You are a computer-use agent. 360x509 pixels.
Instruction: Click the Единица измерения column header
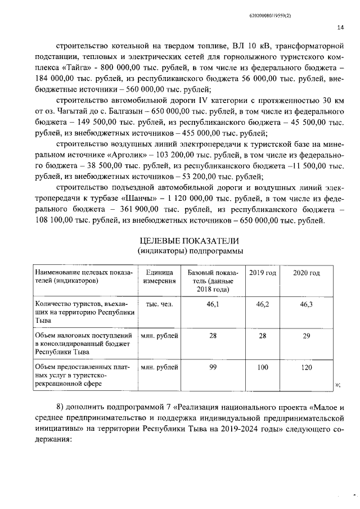(159, 277)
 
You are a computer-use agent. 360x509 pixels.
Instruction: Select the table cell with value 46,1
(213, 304)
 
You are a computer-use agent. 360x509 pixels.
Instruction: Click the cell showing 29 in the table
(306, 336)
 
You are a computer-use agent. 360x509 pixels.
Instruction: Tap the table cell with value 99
(213, 367)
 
